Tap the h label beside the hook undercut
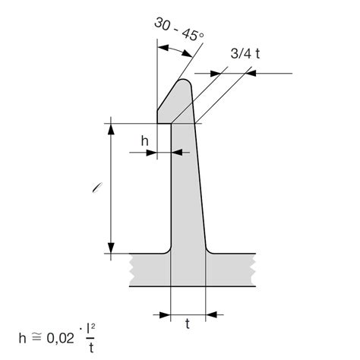click(x=144, y=141)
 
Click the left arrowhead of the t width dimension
click(x=166, y=312)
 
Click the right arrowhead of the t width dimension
click(x=213, y=312)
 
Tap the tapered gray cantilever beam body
click(x=186, y=190)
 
